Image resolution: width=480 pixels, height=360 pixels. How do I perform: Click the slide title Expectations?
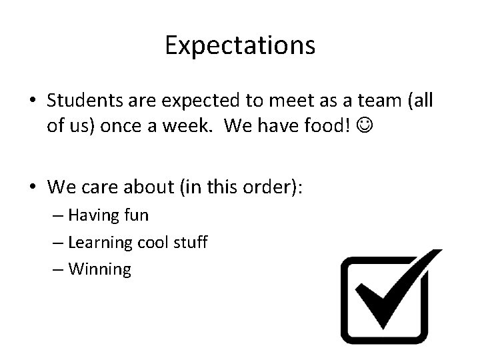240,45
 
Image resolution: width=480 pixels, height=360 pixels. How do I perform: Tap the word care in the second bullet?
104,187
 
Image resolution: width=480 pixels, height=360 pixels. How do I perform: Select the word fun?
136,216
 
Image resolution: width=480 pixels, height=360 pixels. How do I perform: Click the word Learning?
104,243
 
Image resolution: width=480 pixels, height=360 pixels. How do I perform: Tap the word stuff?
191,243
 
